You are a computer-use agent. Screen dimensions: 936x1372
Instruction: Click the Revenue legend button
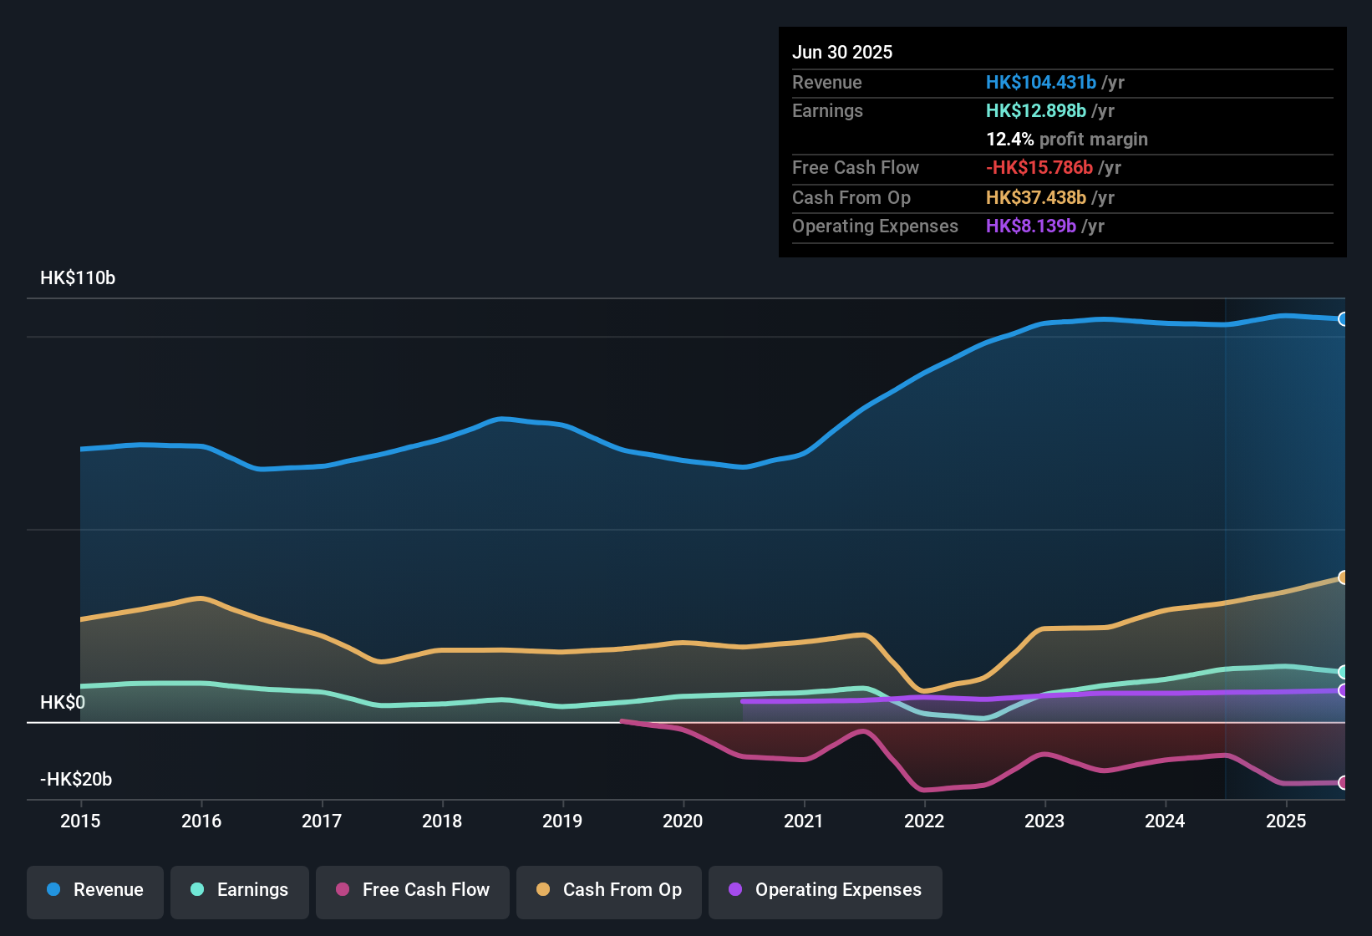tap(95, 890)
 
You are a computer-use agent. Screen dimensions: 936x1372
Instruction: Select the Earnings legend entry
tap(240, 890)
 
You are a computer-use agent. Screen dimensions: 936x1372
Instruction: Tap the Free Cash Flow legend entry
tap(413, 890)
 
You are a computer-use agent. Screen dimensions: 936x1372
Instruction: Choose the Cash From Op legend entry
tap(609, 890)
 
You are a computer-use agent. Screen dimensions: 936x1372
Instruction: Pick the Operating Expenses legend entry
tap(826, 890)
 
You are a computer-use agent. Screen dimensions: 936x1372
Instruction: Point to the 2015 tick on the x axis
tap(80, 821)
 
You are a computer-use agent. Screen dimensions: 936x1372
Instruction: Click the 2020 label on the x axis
tap(683, 821)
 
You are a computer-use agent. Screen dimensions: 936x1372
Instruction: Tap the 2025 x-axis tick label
tap(1286, 821)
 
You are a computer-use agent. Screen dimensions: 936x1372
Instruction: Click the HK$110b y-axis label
tap(78, 278)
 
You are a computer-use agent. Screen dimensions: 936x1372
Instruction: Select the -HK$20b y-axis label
tap(76, 780)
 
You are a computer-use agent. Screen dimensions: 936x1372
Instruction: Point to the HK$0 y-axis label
tap(63, 703)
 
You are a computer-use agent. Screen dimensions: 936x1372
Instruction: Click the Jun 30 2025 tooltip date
tap(842, 53)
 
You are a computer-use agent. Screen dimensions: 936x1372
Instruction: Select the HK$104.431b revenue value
tap(1040, 83)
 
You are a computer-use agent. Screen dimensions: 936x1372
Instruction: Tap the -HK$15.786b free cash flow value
tap(1039, 168)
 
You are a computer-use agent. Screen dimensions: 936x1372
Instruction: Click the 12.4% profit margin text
tap(1067, 140)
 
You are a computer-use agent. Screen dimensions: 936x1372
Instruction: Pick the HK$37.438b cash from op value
tap(1035, 198)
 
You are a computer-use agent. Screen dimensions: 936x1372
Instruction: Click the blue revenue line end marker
tap(1343, 319)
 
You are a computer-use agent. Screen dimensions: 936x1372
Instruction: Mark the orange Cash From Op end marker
tap(1343, 577)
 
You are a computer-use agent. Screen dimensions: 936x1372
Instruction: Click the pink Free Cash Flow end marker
tap(1343, 783)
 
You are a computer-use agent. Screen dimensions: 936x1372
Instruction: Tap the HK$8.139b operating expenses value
tap(1030, 226)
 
